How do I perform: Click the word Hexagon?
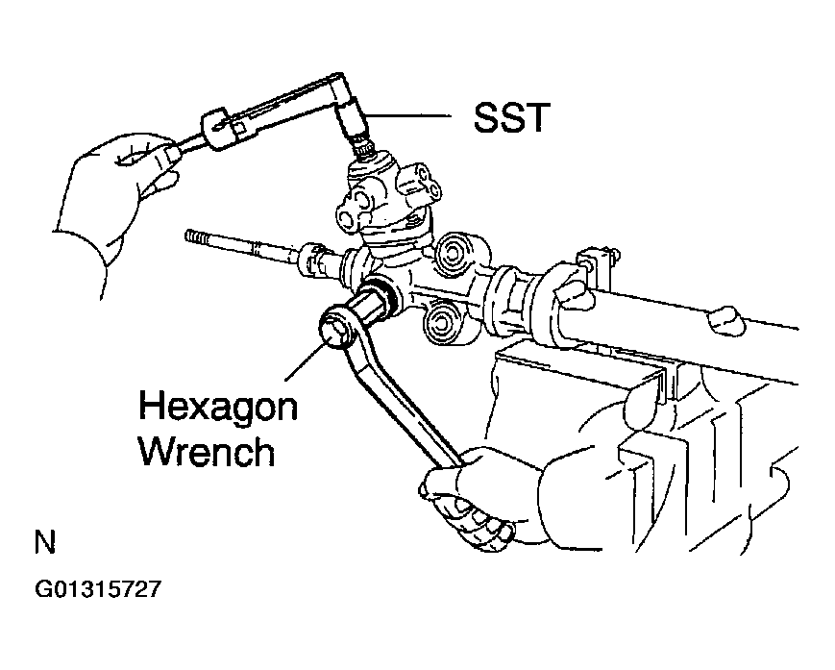(217, 407)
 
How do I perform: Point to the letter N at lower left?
(45, 544)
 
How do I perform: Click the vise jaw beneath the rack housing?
(577, 370)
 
